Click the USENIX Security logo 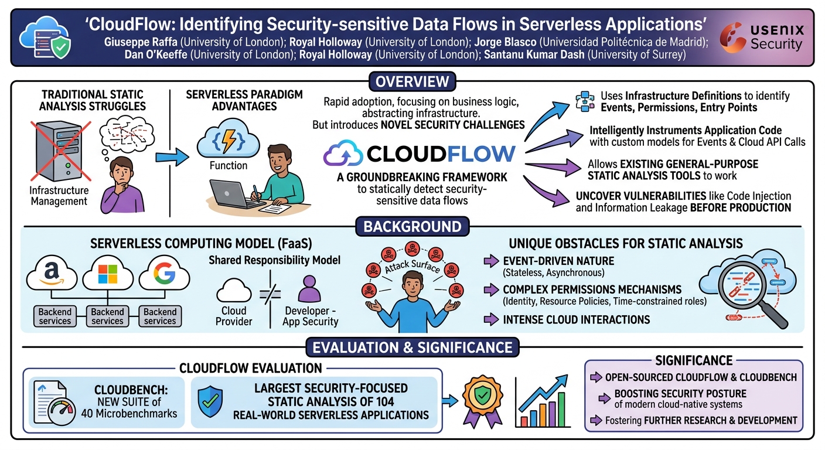(762, 37)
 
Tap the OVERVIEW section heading (412, 81)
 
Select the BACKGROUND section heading (412, 227)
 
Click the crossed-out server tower (60, 151)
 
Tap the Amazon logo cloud (52, 273)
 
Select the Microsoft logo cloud (108, 273)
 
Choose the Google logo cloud (164, 273)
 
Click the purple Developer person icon (309, 289)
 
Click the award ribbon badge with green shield (482, 401)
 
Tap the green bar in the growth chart (562, 410)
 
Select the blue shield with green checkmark (210, 401)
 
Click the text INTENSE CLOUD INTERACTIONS (577, 320)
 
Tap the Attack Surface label (412, 266)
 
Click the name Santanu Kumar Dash (534, 55)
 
